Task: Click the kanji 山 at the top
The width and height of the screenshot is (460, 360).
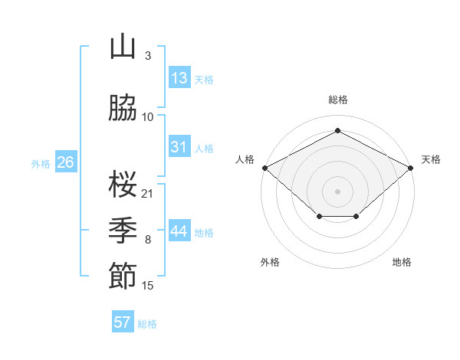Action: pos(122,47)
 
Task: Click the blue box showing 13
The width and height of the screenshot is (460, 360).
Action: pos(179,78)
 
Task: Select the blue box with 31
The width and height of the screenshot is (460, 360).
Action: pos(179,147)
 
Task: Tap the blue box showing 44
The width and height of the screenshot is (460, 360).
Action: pos(179,231)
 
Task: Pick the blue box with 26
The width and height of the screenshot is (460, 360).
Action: pos(65,162)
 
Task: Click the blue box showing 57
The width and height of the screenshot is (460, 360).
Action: pos(123,322)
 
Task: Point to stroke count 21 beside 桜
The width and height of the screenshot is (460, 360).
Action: pos(148,192)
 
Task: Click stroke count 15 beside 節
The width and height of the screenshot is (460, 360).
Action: pos(148,286)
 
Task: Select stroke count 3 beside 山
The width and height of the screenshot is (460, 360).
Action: pos(148,56)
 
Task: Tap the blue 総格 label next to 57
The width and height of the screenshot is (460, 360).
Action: pos(147,324)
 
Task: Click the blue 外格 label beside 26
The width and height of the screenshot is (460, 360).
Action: pos(41,164)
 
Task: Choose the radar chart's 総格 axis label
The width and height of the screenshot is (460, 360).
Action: pos(337,100)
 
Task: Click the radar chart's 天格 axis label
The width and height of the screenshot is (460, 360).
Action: pos(431,159)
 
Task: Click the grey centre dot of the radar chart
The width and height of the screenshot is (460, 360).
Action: pos(337,191)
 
